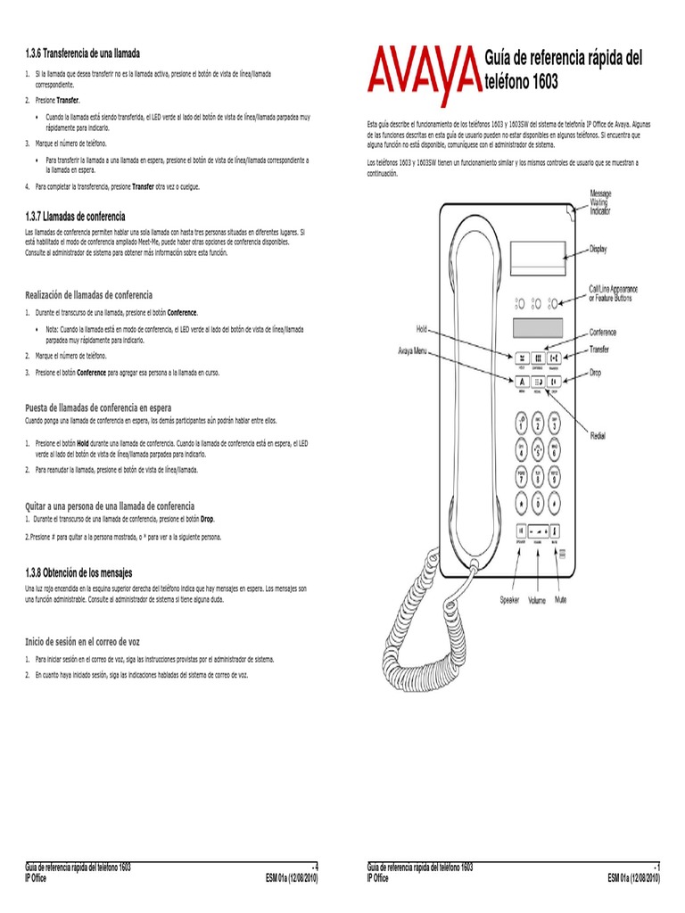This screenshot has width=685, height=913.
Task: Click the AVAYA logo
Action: coord(420,73)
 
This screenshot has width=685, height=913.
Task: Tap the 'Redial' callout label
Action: coord(598,435)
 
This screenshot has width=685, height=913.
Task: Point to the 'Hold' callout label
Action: coord(422,329)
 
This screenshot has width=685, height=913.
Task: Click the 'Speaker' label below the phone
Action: coord(509,600)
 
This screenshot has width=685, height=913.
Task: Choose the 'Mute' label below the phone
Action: coord(560,600)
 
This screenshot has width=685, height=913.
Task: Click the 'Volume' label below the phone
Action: coord(536,600)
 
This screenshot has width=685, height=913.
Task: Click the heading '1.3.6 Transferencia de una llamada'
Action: coord(82,53)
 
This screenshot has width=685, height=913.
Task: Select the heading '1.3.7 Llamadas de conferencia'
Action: coord(75,217)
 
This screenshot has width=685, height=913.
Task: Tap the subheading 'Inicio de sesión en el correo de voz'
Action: coord(82,641)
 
